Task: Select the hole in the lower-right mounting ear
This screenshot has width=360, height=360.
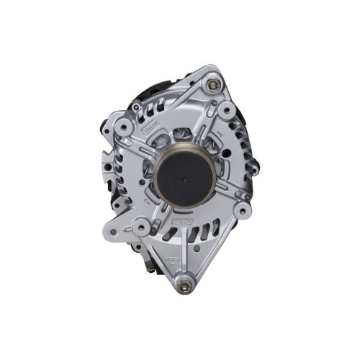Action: click(243, 211)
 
